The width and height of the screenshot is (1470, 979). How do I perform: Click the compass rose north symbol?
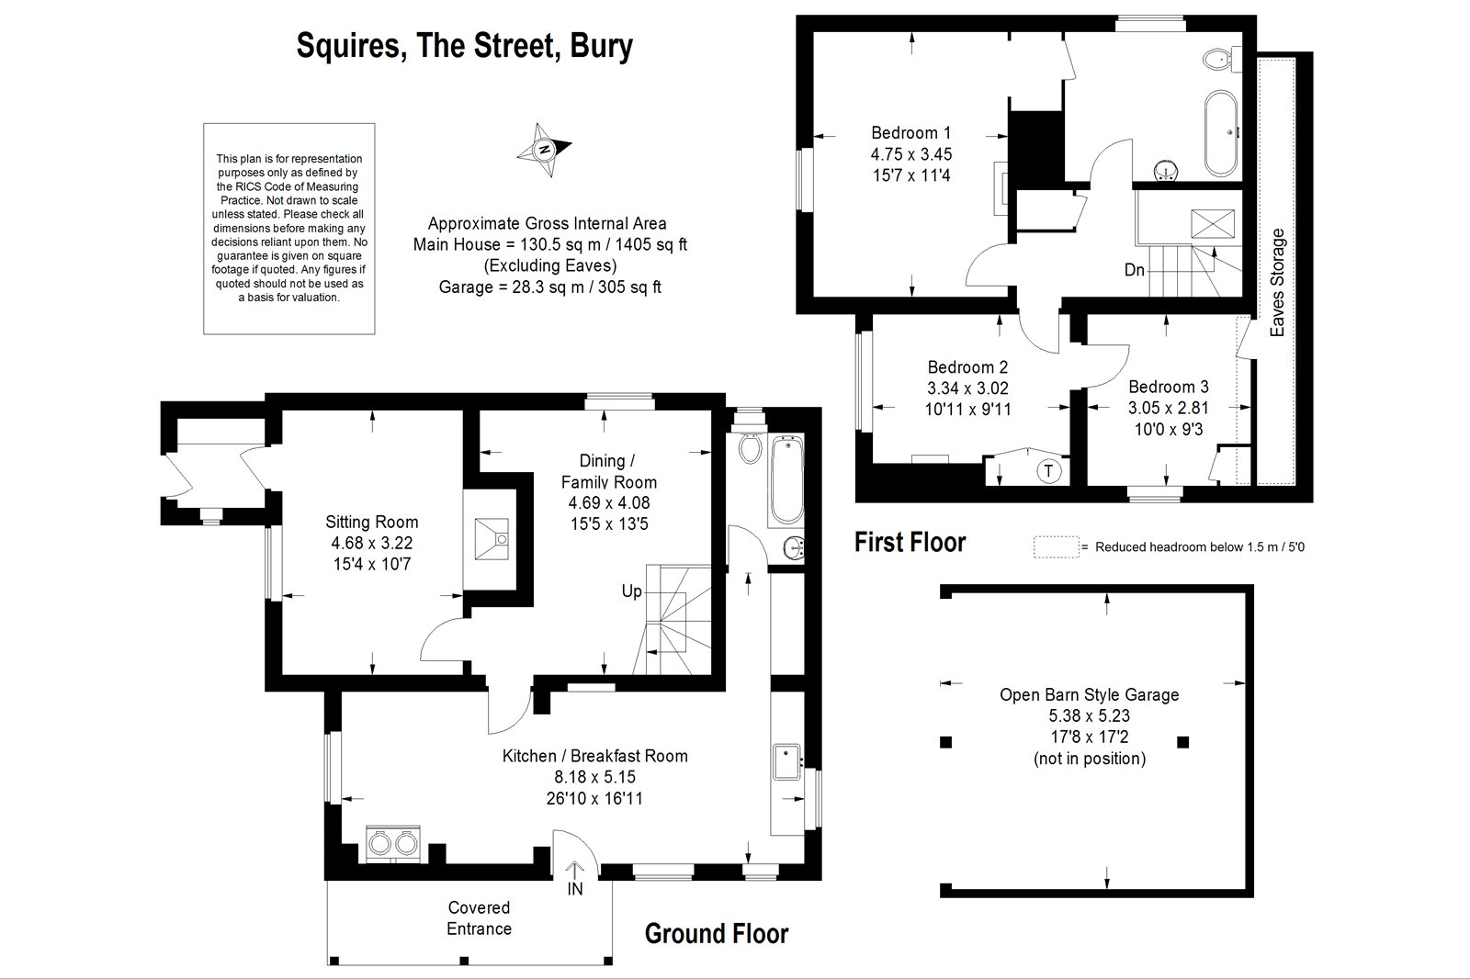click(544, 150)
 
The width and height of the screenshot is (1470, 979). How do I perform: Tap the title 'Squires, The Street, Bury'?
click(465, 46)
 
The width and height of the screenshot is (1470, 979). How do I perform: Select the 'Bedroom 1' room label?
click(910, 132)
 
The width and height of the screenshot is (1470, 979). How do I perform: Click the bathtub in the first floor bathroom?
click(1221, 133)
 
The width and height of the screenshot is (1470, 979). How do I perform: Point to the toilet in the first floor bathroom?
click(1222, 60)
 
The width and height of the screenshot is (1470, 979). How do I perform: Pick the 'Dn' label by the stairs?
click(1134, 270)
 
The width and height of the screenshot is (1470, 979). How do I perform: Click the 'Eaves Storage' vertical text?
click(1277, 283)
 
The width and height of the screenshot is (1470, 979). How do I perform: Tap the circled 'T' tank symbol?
click(1048, 470)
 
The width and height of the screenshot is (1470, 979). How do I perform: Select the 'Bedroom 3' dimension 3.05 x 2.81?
click(1168, 408)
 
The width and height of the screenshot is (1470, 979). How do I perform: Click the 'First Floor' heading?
click(910, 543)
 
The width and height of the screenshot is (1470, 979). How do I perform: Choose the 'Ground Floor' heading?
click(717, 934)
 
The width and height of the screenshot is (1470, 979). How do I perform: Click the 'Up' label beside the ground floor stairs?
click(631, 591)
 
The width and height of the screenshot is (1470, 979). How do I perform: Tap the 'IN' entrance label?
click(575, 889)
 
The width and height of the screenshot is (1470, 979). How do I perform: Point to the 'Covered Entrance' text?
click(479, 918)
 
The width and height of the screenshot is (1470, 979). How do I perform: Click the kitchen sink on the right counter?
click(786, 761)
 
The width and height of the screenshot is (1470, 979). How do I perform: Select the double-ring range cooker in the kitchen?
click(392, 843)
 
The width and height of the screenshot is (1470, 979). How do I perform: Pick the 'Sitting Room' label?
click(371, 523)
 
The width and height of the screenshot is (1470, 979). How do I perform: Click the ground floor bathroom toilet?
click(750, 447)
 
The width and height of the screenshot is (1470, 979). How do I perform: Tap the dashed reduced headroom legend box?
click(1056, 547)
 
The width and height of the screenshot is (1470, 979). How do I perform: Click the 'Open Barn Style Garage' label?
click(1090, 695)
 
